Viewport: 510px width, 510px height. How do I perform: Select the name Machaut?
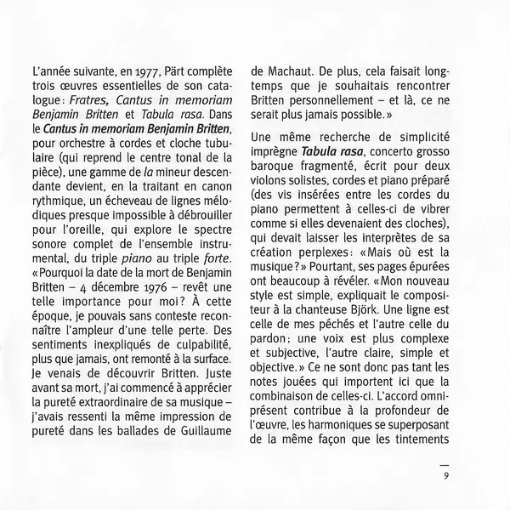pos(292,72)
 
